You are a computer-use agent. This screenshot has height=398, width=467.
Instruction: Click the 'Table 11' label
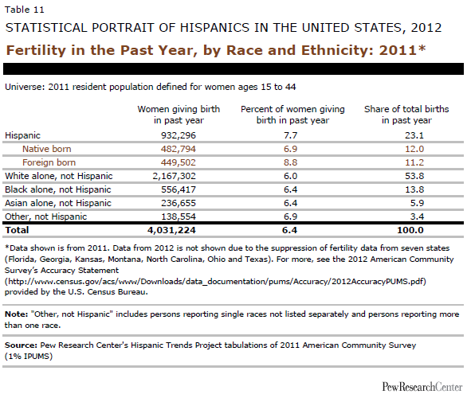[x=25, y=10]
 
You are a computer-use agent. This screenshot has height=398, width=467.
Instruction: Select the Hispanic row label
[x=22, y=135]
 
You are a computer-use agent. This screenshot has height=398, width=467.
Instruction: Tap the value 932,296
[x=179, y=135]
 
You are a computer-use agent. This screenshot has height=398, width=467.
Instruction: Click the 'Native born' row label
[x=47, y=149]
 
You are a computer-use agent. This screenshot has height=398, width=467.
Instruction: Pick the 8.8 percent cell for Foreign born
[x=290, y=162]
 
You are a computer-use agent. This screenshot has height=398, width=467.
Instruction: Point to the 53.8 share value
[x=414, y=176]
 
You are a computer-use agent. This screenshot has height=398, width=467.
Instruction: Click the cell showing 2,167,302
[x=175, y=176]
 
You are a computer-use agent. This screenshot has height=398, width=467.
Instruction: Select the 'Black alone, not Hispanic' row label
[x=58, y=189]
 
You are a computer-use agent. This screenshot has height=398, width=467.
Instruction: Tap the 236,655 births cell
[x=179, y=203]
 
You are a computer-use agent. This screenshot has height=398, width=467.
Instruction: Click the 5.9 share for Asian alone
[x=417, y=203]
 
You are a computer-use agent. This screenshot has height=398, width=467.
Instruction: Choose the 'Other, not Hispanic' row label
[x=46, y=217]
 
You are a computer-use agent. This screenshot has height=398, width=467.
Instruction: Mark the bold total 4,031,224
[x=171, y=230]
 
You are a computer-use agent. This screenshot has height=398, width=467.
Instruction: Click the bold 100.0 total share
[x=410, y=230]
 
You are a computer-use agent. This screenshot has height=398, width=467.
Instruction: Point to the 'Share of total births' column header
[x=406, y=115]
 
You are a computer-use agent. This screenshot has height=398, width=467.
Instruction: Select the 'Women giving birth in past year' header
[x=179, y=115]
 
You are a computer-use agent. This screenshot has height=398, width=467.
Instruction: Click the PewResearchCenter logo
[x=422, y=387]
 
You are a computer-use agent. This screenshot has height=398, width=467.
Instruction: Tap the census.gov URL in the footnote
[x=215, y=281]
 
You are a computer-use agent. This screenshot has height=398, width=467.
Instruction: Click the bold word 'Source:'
[x=21, y=345]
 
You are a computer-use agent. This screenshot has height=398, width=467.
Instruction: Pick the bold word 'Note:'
[x=17, y=314]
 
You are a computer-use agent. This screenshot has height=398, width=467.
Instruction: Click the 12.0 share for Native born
[x=414, y=149]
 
